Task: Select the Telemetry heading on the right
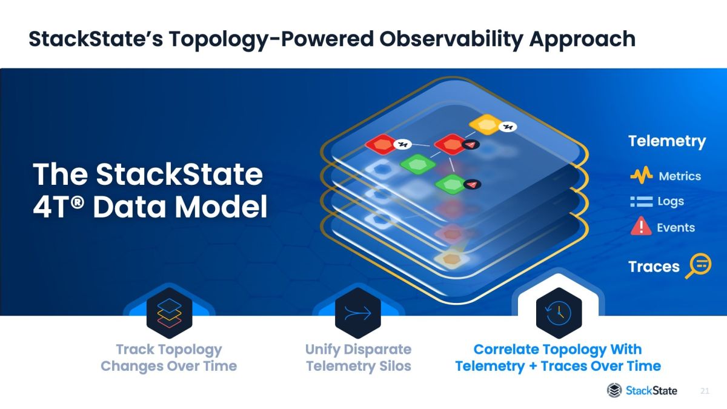[x=667, y=142]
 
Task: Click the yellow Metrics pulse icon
[x=642, y=175]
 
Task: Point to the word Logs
[x=671, y=202]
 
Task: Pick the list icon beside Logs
[x=642, y=202]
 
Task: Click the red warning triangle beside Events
[x=641, y=225]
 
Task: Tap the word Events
[x=676, y=228]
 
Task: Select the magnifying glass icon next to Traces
[x=698, y=265]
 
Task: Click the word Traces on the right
[x=654, y=267]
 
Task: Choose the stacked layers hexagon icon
[x=170, y=313]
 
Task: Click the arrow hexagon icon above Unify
[x=358, y=313]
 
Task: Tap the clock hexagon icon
[x=559, y=313]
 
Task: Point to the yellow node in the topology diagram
[x=486, y=124]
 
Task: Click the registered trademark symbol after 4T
[x=78, y=202]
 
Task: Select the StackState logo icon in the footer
[x=614, y=390]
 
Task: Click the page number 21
[x=705, y=391]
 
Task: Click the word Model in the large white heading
[x=221, y=207]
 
